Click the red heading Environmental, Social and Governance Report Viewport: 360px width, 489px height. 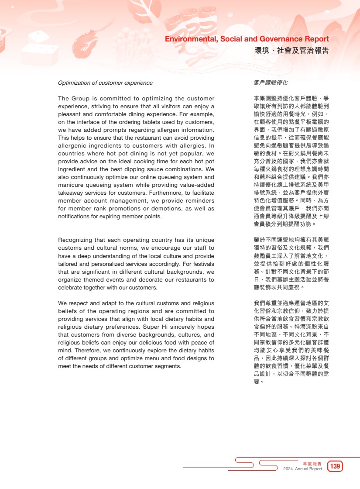point(247,39)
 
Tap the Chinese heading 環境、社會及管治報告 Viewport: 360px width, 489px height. point(291,51)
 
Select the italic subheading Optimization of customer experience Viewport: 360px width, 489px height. point(105,83)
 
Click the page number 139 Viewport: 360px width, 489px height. point(335,466)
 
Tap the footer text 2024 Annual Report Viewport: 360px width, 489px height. point(302,469)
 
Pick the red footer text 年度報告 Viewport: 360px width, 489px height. point(312,463)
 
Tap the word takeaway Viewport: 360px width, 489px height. point(71,193)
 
